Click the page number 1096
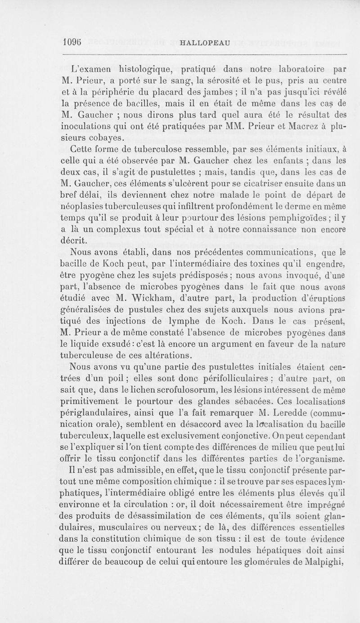click(x=72, y=42)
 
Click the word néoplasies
click(x=87, y=208)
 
